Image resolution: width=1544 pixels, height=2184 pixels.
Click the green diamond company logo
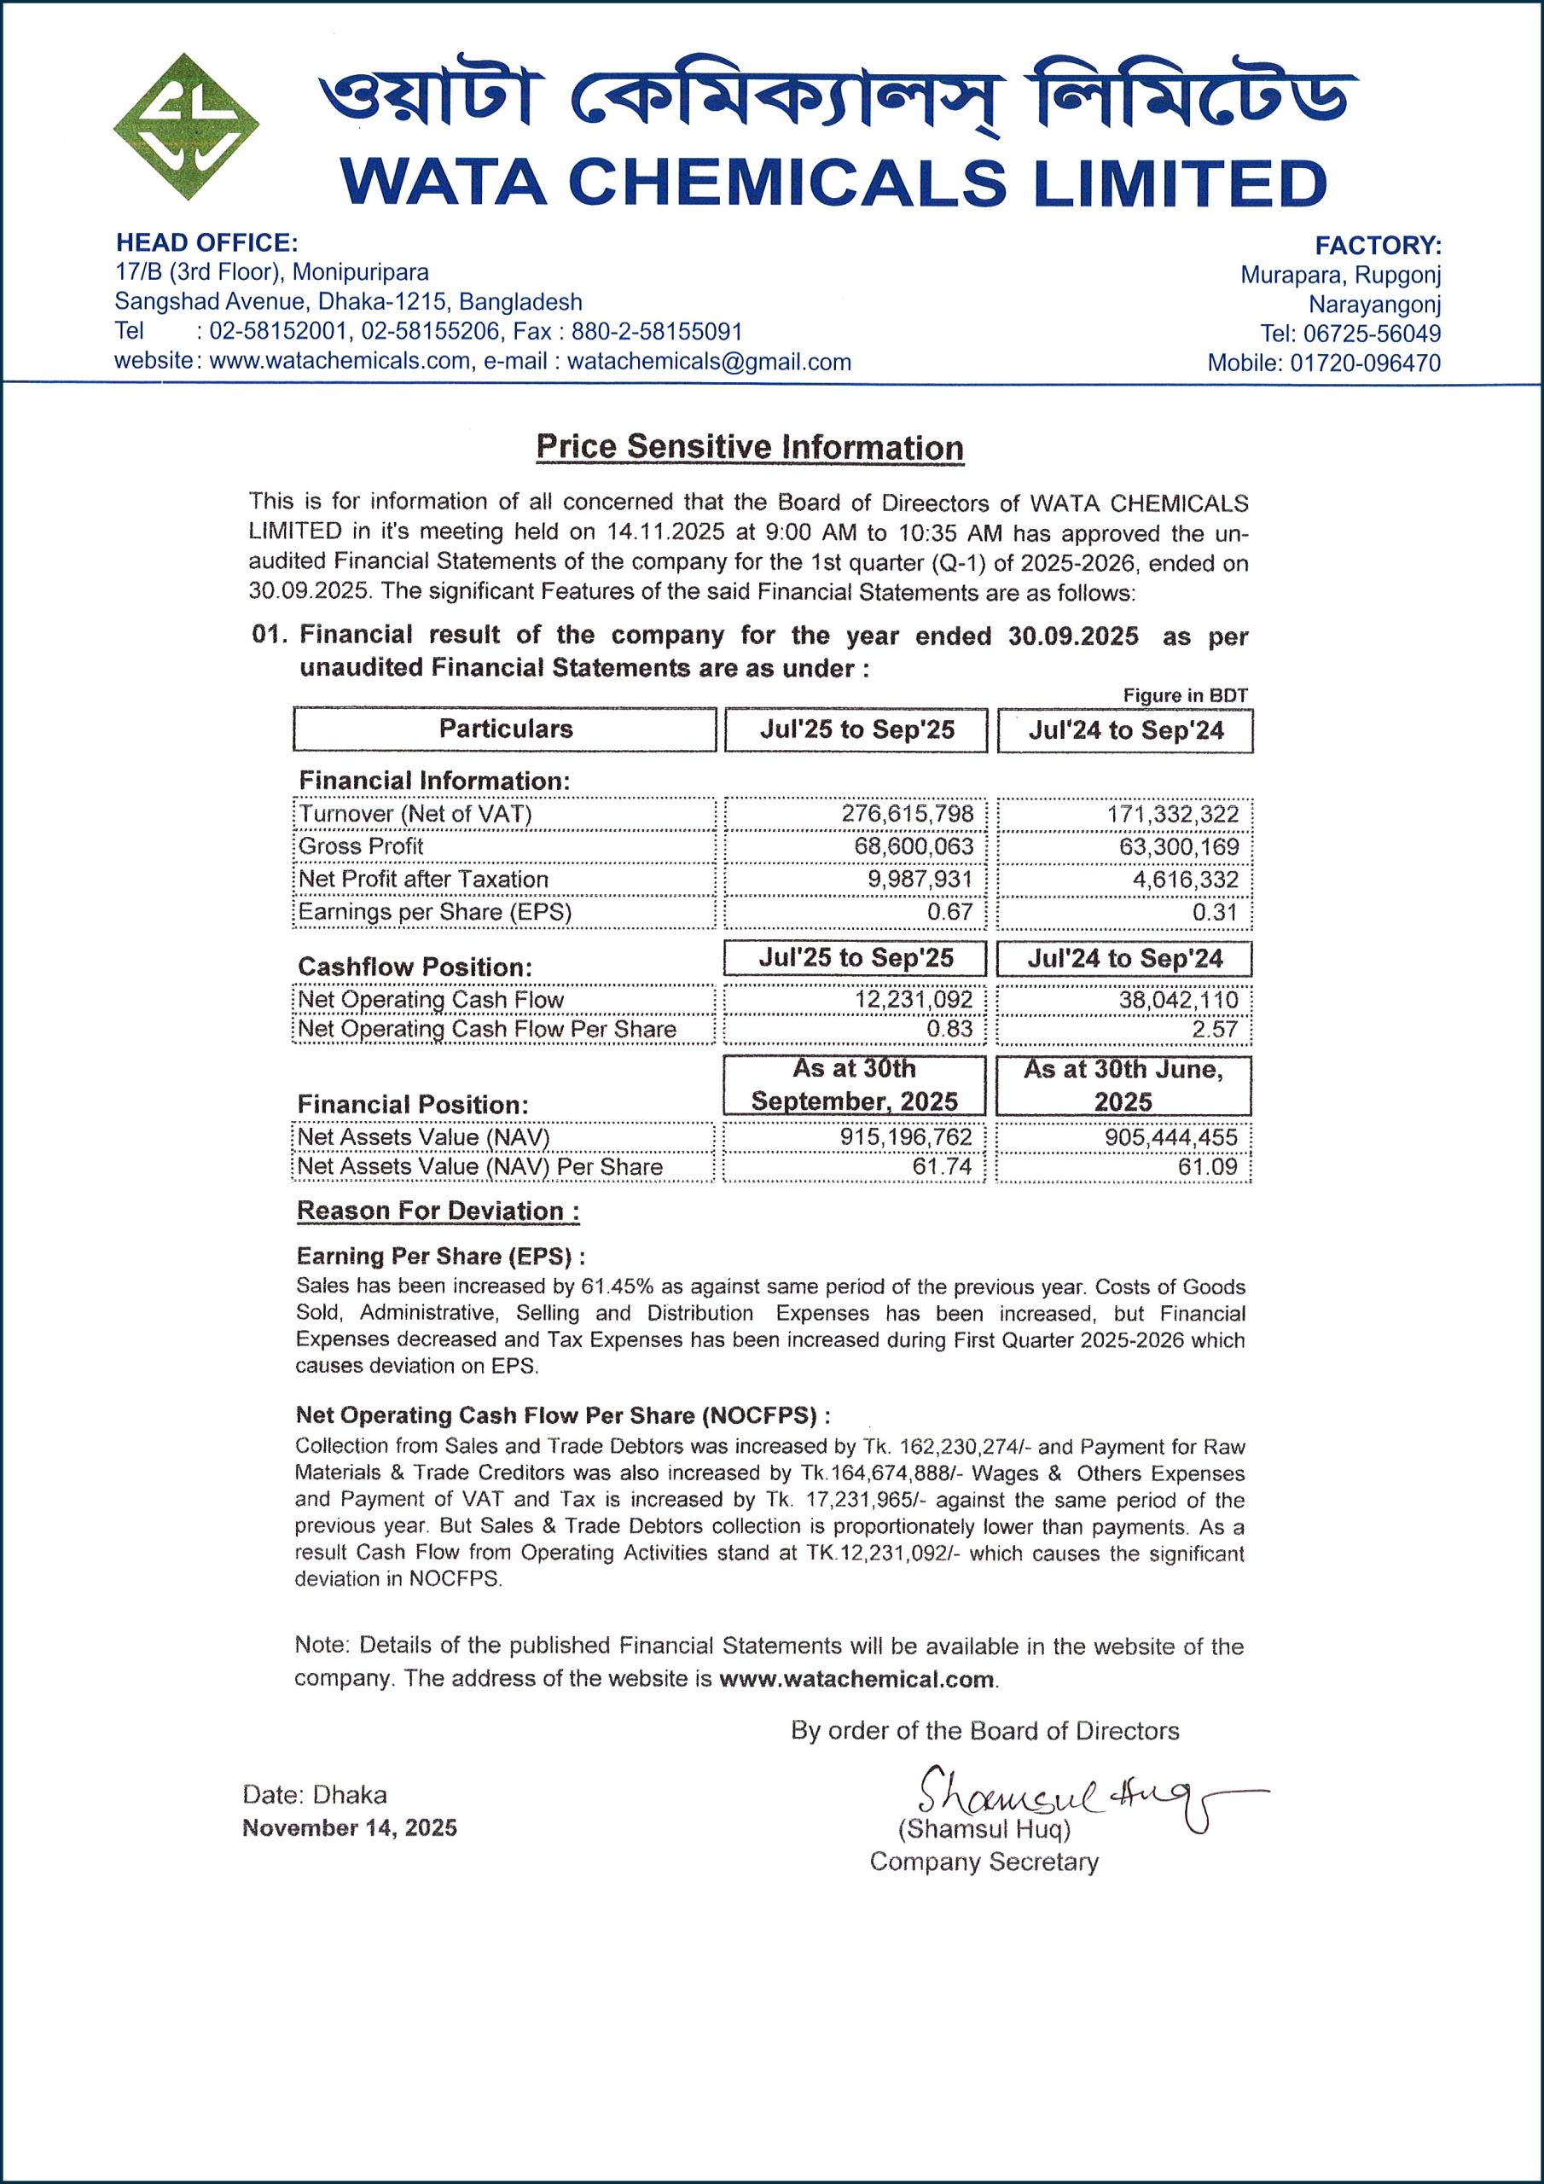[x=187, y=126]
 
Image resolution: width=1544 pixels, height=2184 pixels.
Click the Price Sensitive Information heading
[x=750, y=447]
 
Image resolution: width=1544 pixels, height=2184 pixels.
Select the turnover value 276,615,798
[x=908, y=813]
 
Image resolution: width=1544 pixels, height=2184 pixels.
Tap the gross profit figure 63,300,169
[x=1179, y=846]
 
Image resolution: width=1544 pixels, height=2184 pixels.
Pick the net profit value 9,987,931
[x=920, y=879]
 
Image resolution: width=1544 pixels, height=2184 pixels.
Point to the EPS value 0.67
[x=950, y=911]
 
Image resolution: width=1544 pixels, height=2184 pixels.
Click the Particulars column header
[x=505, y=729]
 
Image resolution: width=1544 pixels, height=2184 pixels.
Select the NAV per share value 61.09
[x=1207, y=1166]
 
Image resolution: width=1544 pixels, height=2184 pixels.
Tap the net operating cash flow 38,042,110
[x=1179, y=1000]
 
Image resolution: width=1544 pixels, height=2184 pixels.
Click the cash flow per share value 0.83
[x=950, y=1029]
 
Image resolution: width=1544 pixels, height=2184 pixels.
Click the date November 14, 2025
[x=349, y=1827]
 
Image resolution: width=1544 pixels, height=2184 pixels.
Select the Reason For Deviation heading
[x=438, y=1211]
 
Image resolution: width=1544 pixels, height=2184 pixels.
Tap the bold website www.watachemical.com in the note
[x=856, y=1679]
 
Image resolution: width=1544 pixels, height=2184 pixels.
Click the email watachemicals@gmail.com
[x=709, y=362]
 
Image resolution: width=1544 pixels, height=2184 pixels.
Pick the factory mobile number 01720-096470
[x=1365, y=363]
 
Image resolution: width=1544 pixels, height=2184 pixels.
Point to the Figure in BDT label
[x=1184, y=695]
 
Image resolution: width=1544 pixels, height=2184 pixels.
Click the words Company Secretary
[x=984, y=1862]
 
